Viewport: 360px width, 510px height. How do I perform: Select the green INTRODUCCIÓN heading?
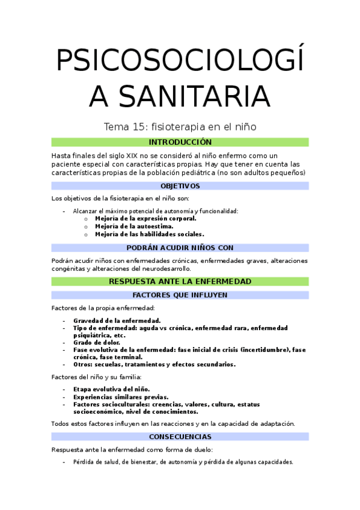tap(180, 143)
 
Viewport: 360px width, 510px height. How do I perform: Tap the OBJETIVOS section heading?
tap(180, 186)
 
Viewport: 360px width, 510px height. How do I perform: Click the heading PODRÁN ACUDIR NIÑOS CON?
tap(180, 248)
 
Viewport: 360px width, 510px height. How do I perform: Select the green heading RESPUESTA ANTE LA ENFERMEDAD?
tap(180, 281)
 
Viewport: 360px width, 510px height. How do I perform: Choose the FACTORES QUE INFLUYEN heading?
tap(180, 295)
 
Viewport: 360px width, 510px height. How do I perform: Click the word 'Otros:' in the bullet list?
tap(84, 364)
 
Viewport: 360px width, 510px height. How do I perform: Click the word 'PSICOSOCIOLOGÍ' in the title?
tap(180, 61)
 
